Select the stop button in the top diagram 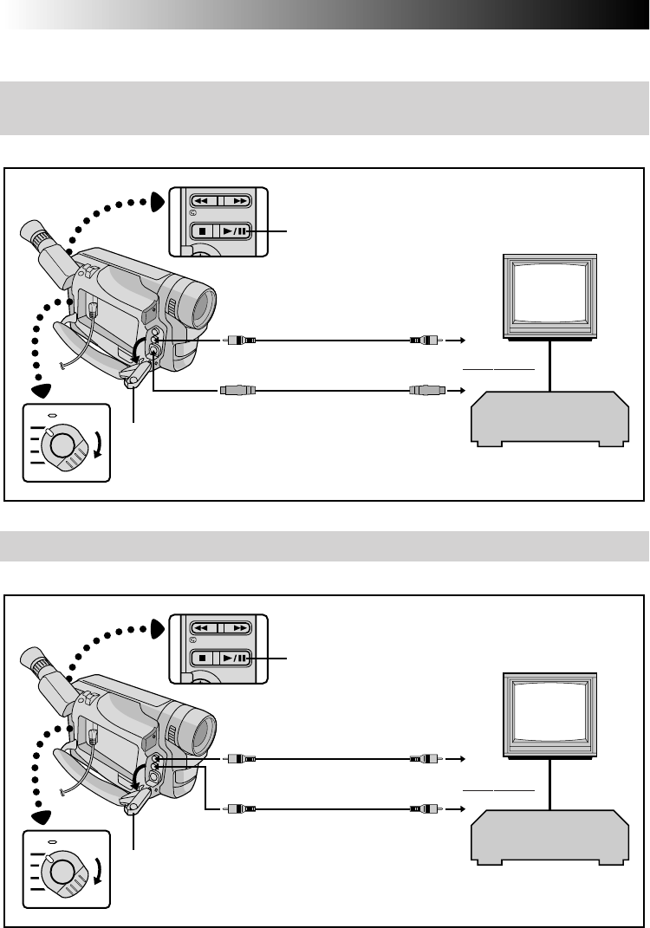pyautogui.click(x=202, y=231)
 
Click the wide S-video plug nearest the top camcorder pyautogui.click(x=237, y=391)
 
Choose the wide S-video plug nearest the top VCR pyautogui.click(x=426, y=391)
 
